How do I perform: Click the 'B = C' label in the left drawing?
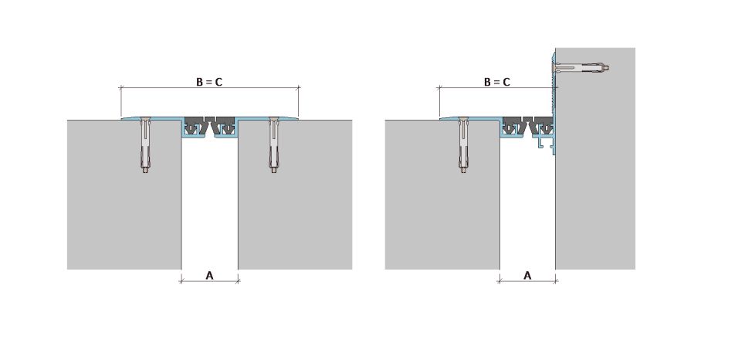(209, 82)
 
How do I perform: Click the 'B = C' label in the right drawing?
(497, 82)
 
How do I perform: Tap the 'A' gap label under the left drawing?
(209, 275)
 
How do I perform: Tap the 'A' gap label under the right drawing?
(527, 275)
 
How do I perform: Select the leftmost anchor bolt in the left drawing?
(145, 144)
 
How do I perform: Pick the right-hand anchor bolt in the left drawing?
(273, 144)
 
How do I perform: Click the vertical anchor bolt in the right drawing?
(463, 144)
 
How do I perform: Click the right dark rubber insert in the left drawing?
(224, 126)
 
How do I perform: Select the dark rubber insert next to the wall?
(542, 126)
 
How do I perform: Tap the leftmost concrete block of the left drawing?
(124, 195)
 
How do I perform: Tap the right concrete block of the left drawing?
(295, 195)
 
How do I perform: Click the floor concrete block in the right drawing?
(442, 195)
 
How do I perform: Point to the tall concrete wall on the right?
(595, 158)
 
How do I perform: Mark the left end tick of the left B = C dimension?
(121, 87)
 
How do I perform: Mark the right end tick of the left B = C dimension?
(298, 87)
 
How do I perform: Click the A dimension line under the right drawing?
(527, 281)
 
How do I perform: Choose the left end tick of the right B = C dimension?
(439, 87)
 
